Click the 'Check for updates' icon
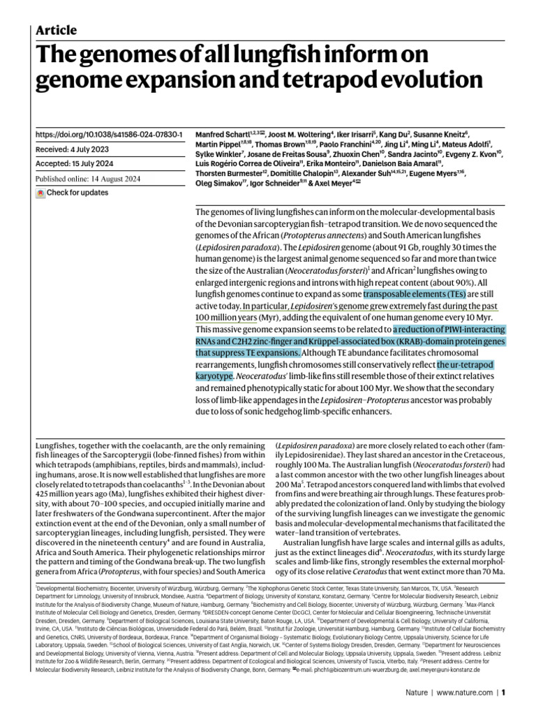click(x=40, y=193)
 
